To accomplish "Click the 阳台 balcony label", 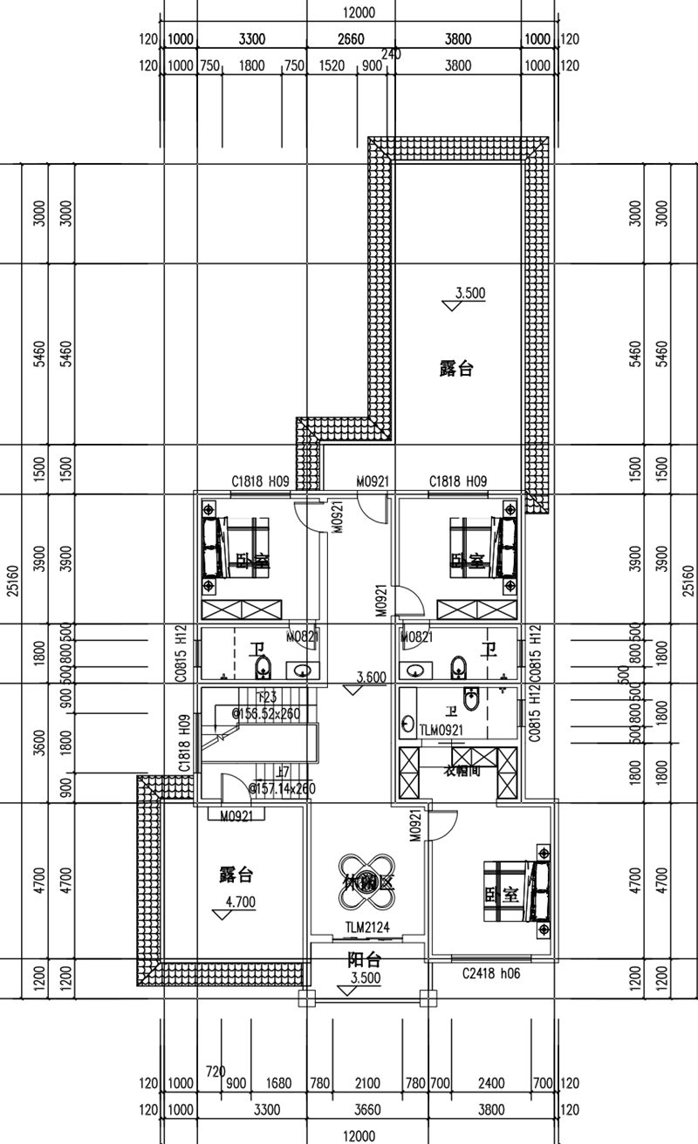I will pyautogui.click(x=364, y=960).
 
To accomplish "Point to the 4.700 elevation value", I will pyautogui.click(x=240, y=902).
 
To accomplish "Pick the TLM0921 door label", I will pyautogui.click(x=441, y=730).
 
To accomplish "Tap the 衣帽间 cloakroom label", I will pyautogui.click(x=461, y=771).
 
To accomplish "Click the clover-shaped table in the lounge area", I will pyautogui.click(x=368, y=881).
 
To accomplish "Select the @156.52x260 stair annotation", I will pyautogui.click(x=265, y=712).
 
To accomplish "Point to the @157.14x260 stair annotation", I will pyautogui.click(x=282, y=788).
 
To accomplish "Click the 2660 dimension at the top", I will pyautogui.click(x=351, y=39).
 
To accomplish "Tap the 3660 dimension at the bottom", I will pyautogui.click(x=367, y=1110).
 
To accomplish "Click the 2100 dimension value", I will pyautogui.click(x=367, y=1084).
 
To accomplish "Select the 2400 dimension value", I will pyautogui.click(x=491, y=1084).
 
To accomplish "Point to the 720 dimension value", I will pyautogui.click(x=216, y=1071).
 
